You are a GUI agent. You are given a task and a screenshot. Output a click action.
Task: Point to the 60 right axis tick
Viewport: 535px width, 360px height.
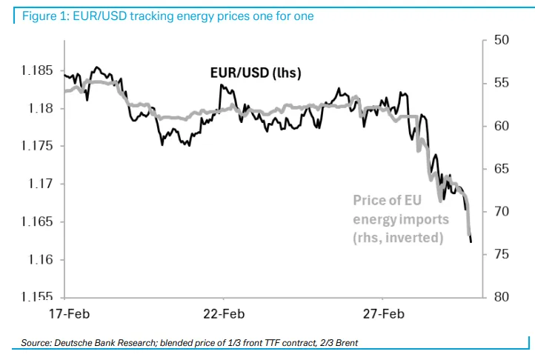(500, 126)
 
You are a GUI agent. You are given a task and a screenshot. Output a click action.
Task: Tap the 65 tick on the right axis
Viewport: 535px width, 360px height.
(500, 169)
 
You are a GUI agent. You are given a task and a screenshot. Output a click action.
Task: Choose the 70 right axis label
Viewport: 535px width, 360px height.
(500, 212)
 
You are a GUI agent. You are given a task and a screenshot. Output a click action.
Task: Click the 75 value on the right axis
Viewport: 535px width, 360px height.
(500, 254)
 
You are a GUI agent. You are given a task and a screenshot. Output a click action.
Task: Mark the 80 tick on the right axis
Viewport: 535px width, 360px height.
(500, 297)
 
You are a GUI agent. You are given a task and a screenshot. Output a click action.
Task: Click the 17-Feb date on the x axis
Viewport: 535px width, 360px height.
(65, 313)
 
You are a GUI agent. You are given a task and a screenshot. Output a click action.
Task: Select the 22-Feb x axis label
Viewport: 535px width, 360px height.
(224, 313)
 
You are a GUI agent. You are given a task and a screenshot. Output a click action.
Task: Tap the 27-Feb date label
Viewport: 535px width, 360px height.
(382, 313)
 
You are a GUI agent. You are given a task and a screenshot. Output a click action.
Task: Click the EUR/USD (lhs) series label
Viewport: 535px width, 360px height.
(255, 73)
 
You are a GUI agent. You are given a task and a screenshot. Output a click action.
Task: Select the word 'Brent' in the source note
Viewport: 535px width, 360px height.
(344, 343)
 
